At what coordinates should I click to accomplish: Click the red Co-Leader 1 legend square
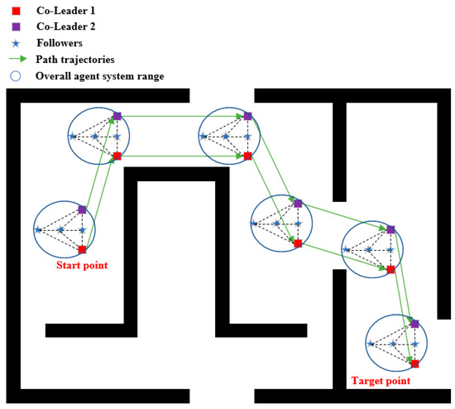[x=15, y=9]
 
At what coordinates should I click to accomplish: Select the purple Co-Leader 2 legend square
[x=15, y=26]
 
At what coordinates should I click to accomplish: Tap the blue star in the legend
[x=15, y=42]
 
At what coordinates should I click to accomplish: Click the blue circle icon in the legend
[x=15, y=75]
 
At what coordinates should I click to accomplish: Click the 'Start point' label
[x=82, y=266]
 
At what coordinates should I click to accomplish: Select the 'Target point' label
[x=381, y=381]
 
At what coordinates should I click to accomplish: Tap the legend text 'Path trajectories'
[x=86, y=59]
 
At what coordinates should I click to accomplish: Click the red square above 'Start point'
[x=82, y=249]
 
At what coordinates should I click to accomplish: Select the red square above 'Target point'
[x=414, y=363]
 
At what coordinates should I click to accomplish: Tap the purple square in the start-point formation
[x=82, y=209]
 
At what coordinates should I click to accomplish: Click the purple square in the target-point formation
[x=414, y=324]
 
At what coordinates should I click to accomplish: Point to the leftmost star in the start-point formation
[x=38, y=229]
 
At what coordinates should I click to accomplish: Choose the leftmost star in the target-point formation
[x=371, y=344]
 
